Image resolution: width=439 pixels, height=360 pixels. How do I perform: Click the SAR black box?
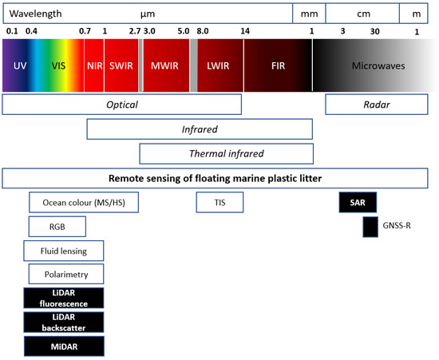[x=357, y=204]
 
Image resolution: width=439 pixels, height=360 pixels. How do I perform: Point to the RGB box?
[x=57, y=227]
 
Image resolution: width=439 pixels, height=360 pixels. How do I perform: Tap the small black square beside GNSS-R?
[x=370, y=227]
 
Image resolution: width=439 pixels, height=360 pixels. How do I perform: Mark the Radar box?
[x=374, y=105]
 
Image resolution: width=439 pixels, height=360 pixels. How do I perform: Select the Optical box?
[x=121, y=105]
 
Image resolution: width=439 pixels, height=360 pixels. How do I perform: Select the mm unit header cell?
[x=309, y=14]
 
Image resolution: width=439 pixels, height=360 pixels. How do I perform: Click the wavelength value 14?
[x=244, y=31]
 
